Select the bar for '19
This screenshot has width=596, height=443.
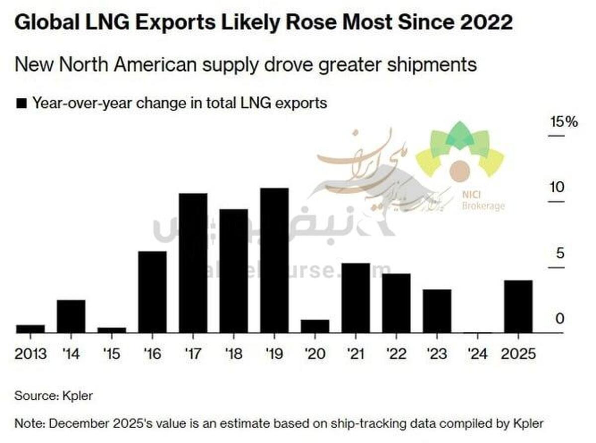coord(274,260)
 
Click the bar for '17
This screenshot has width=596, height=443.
coord(193,263)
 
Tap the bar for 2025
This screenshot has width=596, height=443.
coord(518,306)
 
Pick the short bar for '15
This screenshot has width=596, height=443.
coord(112,330)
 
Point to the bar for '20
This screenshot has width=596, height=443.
coord(315,326)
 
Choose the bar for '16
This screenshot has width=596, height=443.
coord(152,292)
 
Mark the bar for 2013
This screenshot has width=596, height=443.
coord(30,329)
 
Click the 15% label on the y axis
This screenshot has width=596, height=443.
coord(563,122)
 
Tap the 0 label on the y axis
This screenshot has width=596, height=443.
coord(560,318)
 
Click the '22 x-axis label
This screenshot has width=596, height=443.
coord(396,354)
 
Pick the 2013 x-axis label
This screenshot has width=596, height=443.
coord(31,354)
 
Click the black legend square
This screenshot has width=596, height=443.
coord(21,104)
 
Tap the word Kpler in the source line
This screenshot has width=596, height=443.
coord(77,396)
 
